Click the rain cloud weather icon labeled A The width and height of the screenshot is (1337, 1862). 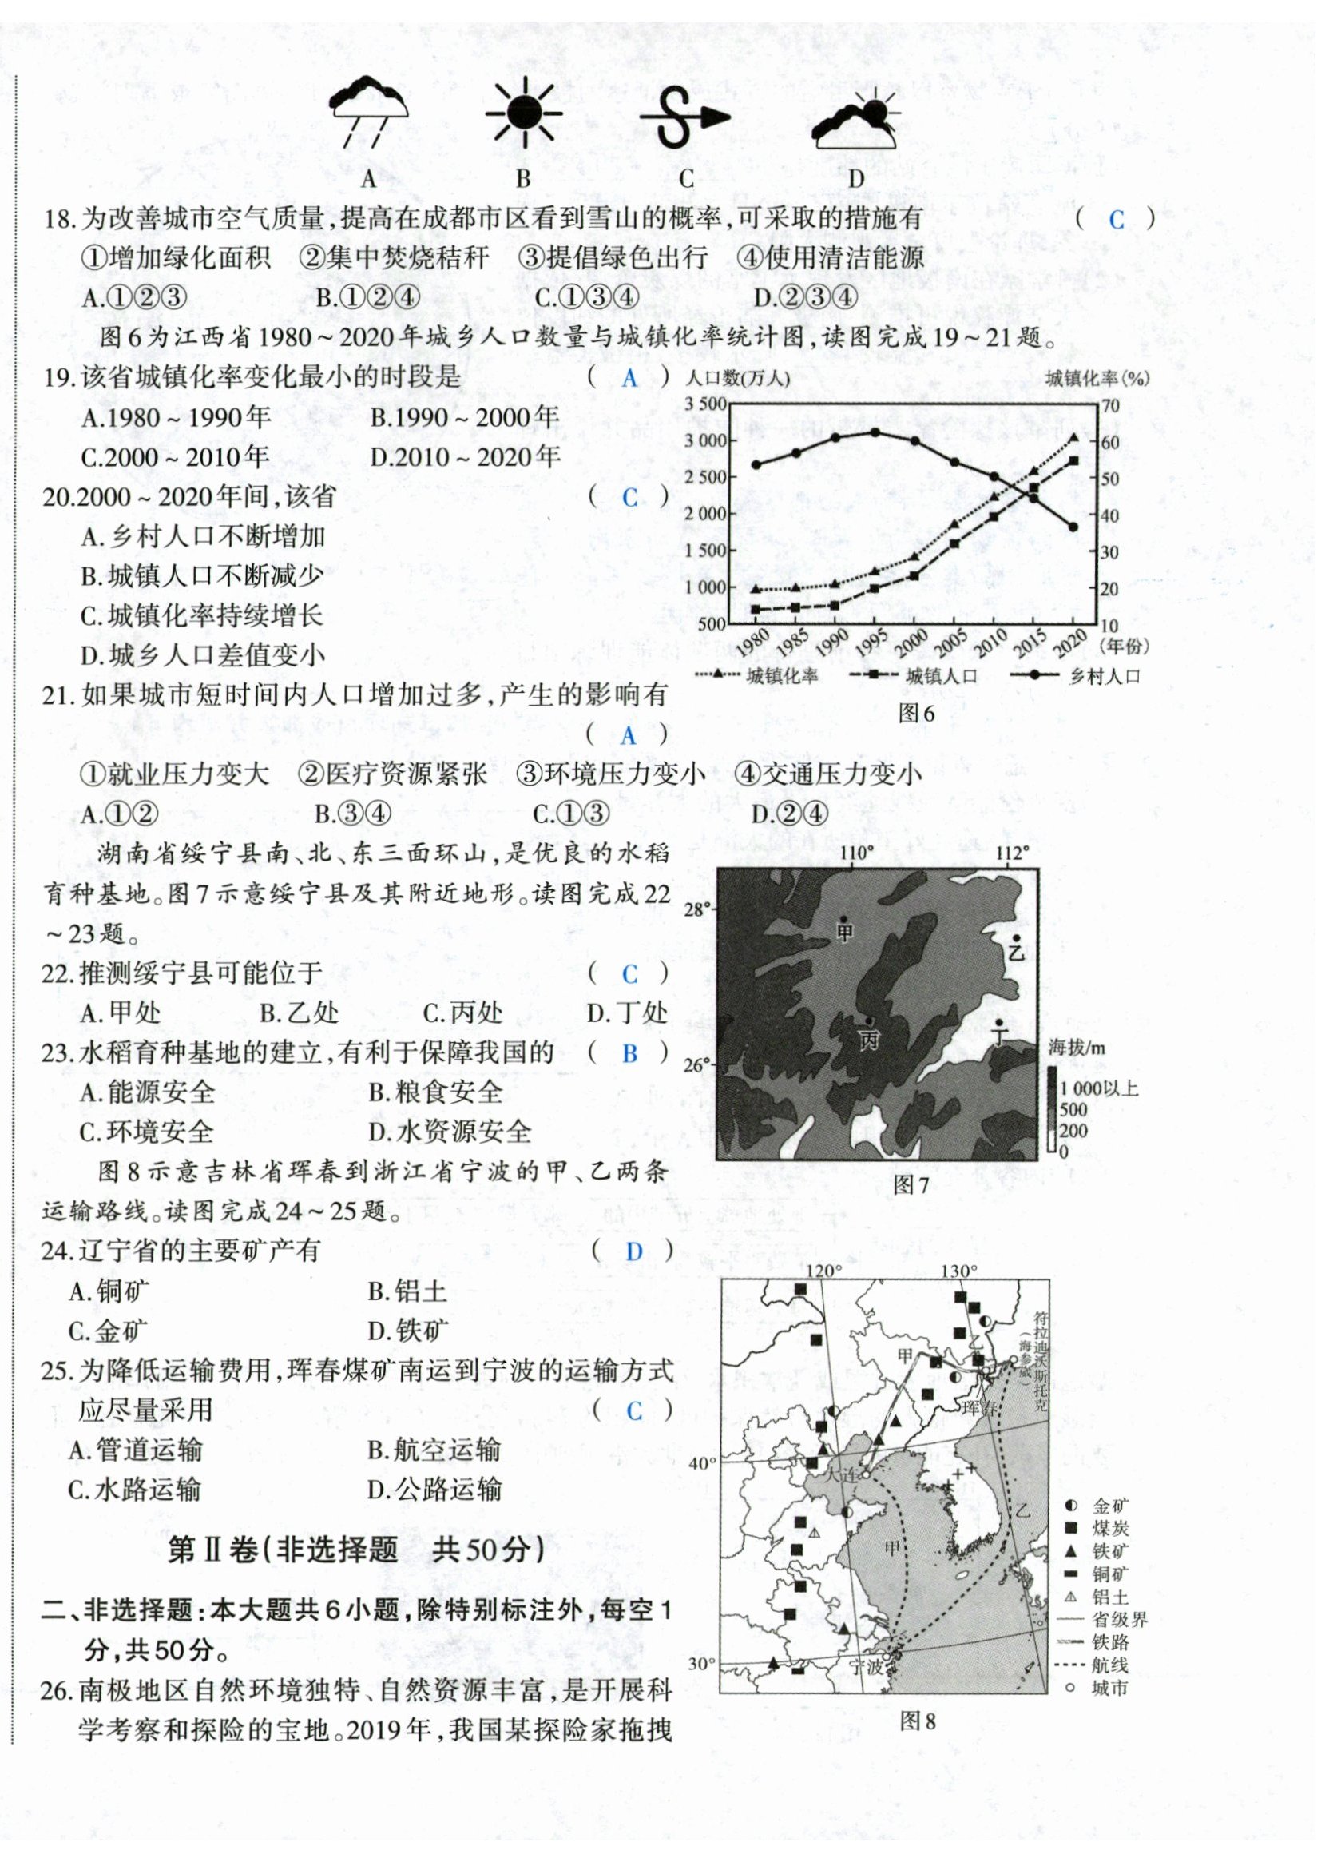(x=367, y=111)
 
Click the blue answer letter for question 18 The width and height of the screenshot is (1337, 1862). (x=1117, y=220)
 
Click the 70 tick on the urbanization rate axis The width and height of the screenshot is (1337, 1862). (x=1110, y=404)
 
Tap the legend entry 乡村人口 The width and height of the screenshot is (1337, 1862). (x=1105, y=677)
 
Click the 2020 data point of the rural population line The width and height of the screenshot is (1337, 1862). (x=1073, y=527)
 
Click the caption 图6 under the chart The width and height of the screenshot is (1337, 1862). (x=916, y=713)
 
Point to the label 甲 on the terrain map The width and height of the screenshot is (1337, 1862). (x=844, y=932)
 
